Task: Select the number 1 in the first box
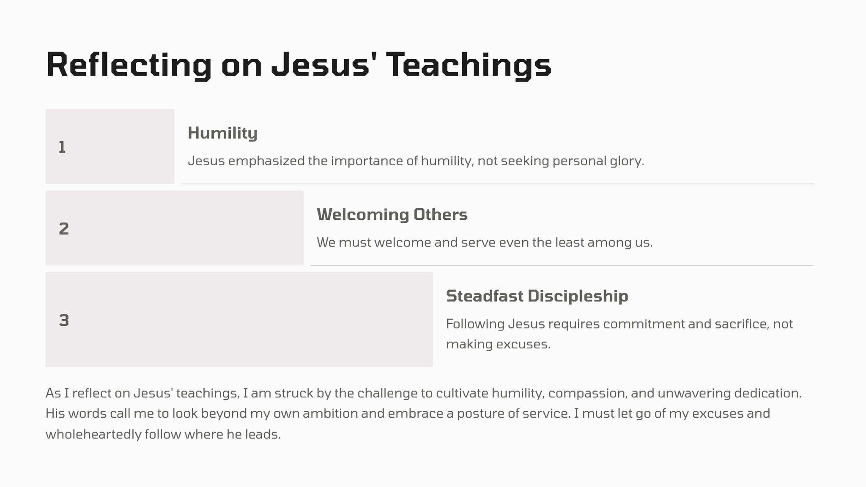62,148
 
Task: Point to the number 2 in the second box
64,229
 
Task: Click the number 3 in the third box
64,320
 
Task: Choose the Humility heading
222,133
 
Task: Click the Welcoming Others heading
392,215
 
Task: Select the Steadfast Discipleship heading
537,296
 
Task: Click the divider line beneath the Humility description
497,184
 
